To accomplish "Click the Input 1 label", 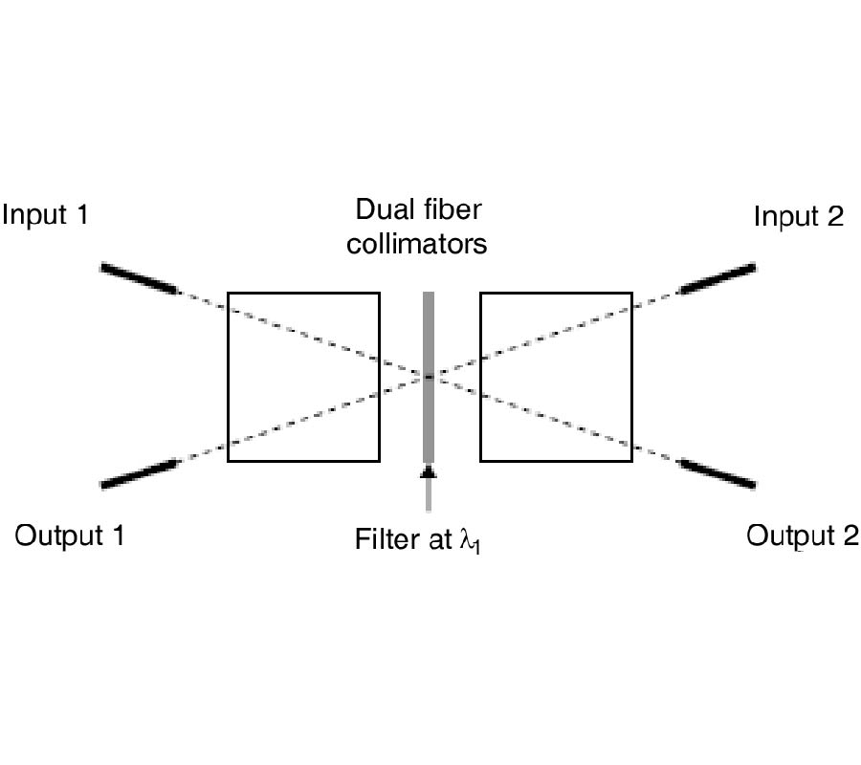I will (x=45, y=214).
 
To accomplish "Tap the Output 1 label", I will (x=70, y=535).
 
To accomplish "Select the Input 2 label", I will (x=798, y=216).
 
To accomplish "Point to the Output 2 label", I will (x=802, y=535).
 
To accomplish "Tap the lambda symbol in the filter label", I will (x=467, y=541).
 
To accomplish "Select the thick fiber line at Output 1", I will (x=139, y=472).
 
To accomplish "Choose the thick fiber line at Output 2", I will (x=717, y=473).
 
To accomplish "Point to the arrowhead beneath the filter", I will (x=429, y=470).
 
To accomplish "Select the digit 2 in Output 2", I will (x=850, y=535).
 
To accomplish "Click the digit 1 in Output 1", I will (x=118, y=535).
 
